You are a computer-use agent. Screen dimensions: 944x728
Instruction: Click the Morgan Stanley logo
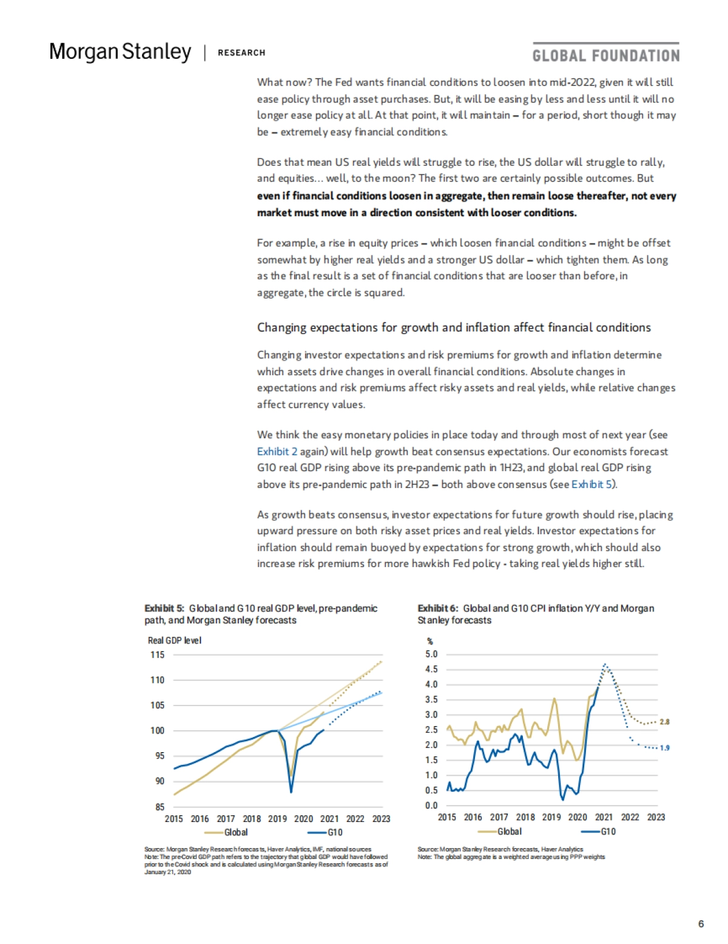pyautogui.click(x=120, y=52)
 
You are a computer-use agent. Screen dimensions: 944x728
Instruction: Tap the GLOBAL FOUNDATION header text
pyautogui.click(x=605, y=56)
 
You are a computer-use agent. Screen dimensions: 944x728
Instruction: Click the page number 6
pyautogui.click(x=701, y=923)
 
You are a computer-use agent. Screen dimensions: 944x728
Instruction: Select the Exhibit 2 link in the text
pyautogui.click(x=277, y=451)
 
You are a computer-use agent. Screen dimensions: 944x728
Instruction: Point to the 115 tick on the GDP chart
pyautogui.click(x=157, y=654)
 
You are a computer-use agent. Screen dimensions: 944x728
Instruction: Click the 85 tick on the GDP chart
pyautogui.click(x=160, y=807)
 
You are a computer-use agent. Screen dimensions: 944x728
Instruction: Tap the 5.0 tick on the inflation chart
pyautogui.click(x=431, y=654)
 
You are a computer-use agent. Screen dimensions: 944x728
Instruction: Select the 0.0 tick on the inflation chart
pyautogui.click(x=431, y=806)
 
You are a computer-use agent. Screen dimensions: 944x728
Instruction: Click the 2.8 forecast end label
pyautogui.click(x=664, y=722)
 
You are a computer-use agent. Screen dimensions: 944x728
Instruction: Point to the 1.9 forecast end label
pyautogui.click(x=664, y=748)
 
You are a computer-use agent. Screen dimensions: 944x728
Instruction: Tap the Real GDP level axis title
pyautogui.click(x=174, y=640)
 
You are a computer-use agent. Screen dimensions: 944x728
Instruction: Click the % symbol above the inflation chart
pyautogui.click(x=430, y=641)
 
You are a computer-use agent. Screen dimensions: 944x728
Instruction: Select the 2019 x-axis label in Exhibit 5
pyautogui.click(x=277, y=818)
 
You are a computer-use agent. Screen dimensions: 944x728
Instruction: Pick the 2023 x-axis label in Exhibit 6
pyautogui.click(x=656, y=817)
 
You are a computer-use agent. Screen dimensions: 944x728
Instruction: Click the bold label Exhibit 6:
pyautogui.click(x=437, y=608)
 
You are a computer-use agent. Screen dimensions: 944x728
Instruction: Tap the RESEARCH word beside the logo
pyautogui.click(x=241, y=53)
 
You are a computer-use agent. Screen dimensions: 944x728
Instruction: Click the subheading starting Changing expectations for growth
pyautogui.click(x=454, y=327)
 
